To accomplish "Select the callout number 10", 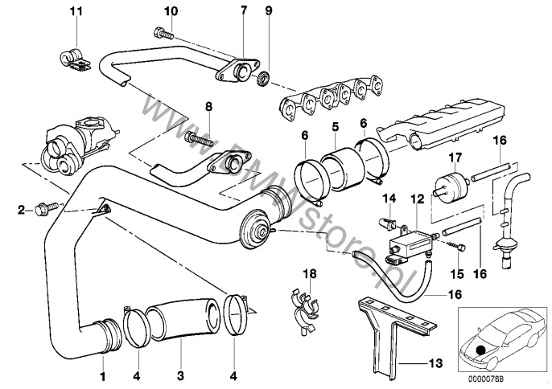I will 170,10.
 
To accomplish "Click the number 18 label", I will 305,275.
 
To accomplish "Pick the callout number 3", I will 179,375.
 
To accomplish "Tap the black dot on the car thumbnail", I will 480,350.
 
